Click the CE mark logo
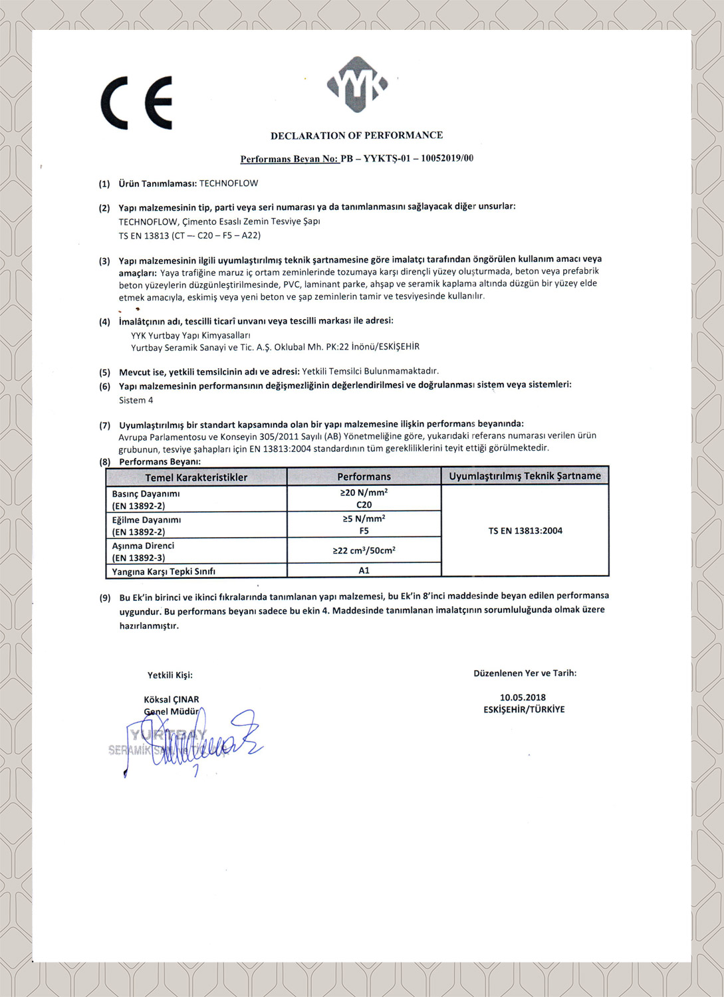[137, 103]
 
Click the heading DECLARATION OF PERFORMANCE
[356, 136]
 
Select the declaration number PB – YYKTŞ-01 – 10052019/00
[407, 159]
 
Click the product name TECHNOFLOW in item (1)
[229, 183]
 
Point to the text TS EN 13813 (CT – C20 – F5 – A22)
[189, 235]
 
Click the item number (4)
[104, 322]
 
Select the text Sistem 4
[136, 400]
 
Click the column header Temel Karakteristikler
[196, 477]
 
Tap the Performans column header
[364, 477]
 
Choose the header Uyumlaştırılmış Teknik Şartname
[525, 476]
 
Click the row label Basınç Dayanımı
[146, 494]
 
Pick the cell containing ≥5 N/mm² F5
[364, 524]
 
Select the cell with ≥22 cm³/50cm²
[364, 550]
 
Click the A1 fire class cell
[364, 570]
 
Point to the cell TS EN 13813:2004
[525, 530]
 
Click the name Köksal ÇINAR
[171, 699]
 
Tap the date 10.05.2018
[523, 697]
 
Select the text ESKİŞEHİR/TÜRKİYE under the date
[524, 710]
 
